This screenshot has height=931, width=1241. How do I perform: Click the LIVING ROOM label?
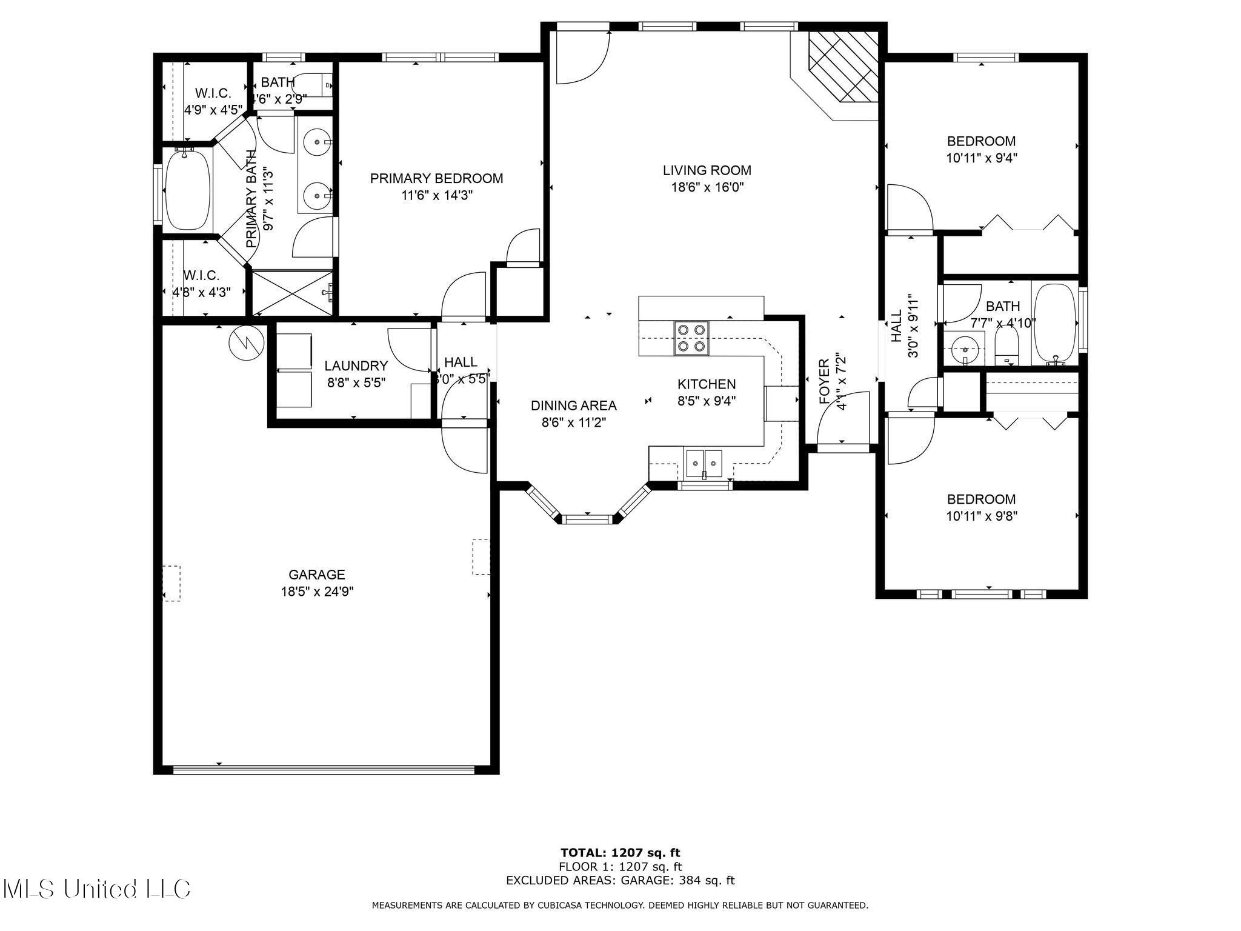tap(707, 170)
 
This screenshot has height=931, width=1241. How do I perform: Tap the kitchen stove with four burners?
tap(692, 338)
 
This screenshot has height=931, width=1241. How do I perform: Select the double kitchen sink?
tap(704, 464)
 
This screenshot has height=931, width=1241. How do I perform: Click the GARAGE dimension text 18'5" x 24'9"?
tap(317, 592)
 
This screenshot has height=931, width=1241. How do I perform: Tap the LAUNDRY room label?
tap(356, 366)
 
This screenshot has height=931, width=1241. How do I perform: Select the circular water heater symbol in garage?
tap(246, 343)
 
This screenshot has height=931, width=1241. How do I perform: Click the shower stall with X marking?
tap(292, 293)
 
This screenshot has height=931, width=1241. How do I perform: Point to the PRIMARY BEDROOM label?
tap(436, 178)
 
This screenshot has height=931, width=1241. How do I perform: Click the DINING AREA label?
tap(573, 405)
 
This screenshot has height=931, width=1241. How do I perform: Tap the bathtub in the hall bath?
tap(1055, 323)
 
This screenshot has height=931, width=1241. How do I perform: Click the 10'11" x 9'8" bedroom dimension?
tap(981, 516)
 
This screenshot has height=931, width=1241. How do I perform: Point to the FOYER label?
tap(825, 381)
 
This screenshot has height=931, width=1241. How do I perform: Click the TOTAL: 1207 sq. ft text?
tap(620, 853)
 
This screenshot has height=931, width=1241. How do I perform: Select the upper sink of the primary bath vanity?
tap(317, 143)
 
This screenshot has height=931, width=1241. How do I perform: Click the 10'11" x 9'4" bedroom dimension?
tap(981, 158)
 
